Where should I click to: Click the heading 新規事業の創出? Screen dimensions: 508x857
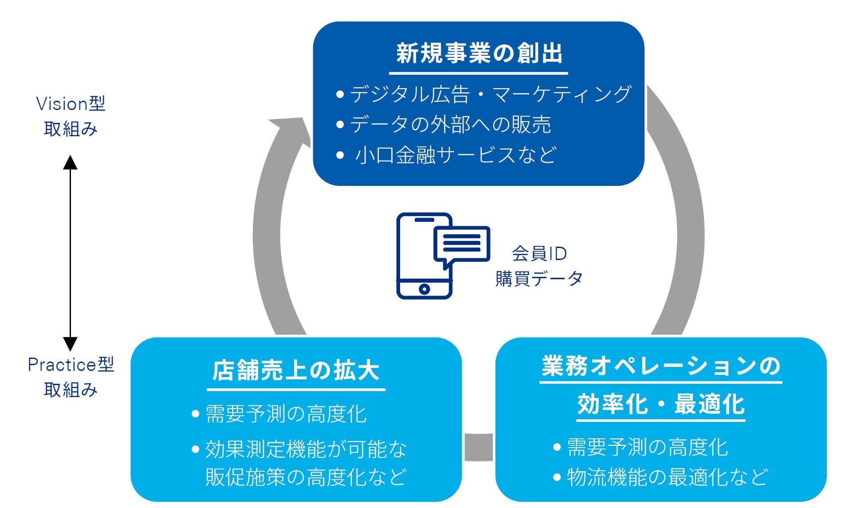[x=479, y=54]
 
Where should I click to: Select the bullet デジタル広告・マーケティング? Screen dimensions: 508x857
[x=490, y=94]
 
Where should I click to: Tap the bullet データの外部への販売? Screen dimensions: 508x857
[x=450, y=125]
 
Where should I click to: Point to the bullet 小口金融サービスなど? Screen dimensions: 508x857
[x=455, y=155]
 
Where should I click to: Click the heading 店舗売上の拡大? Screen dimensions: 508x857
[x=296, y=370]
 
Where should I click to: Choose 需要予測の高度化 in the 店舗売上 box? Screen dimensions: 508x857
[x=286, y=414]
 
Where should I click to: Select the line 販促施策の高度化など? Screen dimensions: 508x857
[x=306, y=477]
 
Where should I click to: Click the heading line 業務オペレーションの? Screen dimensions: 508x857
[x=661, y=366]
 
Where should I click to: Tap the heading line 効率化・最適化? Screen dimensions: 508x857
[x=661, y=405]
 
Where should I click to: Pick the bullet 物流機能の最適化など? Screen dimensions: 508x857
[x=667, y=477]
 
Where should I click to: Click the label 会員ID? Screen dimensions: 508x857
[x=539, y=254]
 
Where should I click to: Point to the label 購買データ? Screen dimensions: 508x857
[x=539, y=279]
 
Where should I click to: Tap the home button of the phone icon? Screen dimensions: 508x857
[x=424, y=289]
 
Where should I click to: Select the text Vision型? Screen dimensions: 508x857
[x=71, y=104]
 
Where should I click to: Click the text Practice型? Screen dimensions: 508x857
[x=71, y=365]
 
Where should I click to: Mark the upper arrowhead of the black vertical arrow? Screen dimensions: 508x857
[x=70, y=163]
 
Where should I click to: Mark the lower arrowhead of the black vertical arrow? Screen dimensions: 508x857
[x=70, y=343]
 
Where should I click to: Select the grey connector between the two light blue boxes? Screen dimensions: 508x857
[x=479, y=447]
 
